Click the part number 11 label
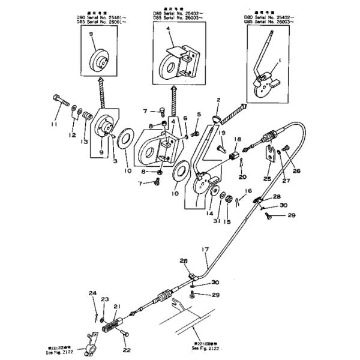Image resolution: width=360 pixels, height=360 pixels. point(53,124)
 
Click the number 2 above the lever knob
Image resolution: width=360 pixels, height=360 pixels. point(218,100)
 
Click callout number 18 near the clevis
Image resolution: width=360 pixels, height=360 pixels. point(237,139)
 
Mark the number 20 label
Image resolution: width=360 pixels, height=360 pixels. point(242,176)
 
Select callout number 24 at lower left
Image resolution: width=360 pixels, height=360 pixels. point(93,293)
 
